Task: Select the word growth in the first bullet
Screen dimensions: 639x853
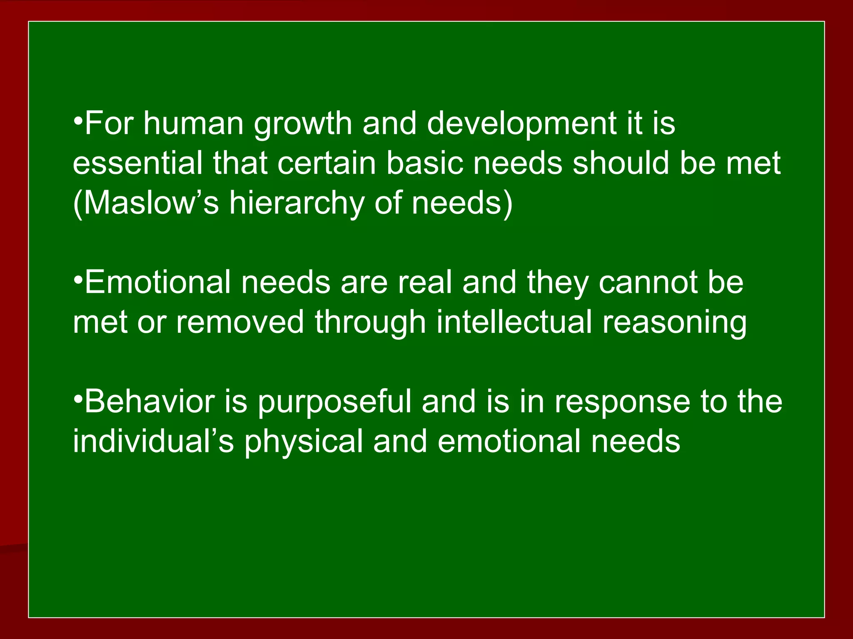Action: pyautogui.click(x=303, y=124)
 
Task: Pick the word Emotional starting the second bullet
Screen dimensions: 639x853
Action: pyautogui.click(x=157, y=282)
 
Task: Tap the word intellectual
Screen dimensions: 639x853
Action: pyautogui.click(x=514, y=322)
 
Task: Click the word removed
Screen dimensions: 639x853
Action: pyautogui.click(x=240, y=322)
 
